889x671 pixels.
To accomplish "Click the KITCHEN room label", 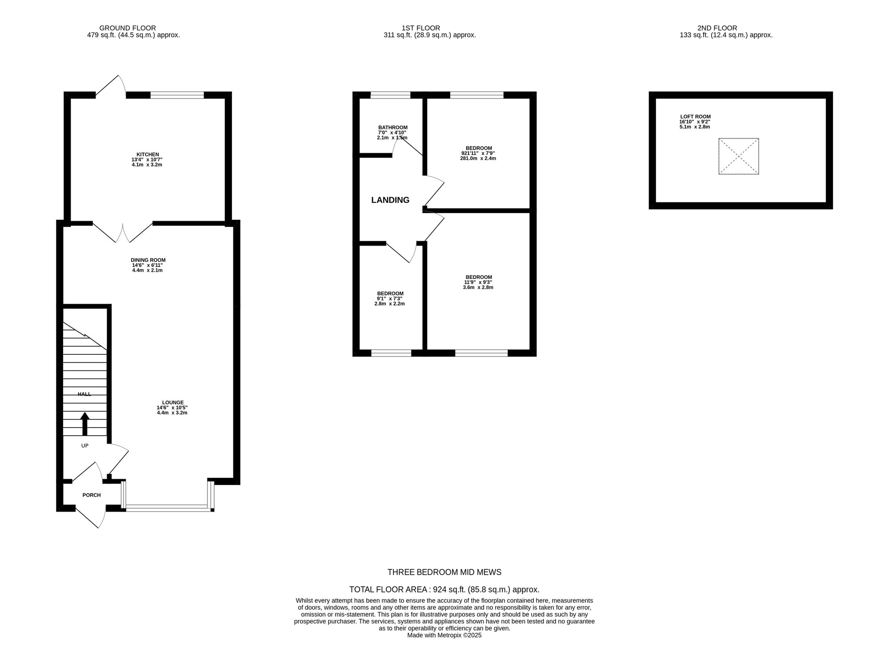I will click(148, 155).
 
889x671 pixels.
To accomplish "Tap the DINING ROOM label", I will click(148, 260).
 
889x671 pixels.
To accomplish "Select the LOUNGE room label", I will click(172, 403).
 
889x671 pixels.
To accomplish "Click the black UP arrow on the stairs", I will click(84, 424).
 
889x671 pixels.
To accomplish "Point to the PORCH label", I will click(92, 495).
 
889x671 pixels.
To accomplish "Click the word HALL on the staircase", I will click(84, 394).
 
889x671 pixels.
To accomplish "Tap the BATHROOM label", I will click(392, 127).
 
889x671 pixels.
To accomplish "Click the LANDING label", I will click(390, 200).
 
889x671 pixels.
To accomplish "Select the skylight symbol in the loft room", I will click(738, 156).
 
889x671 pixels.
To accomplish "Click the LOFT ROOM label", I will click(695, 117).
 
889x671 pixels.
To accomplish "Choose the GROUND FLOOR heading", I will click(128, 28).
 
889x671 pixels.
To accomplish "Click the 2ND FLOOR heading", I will click(726, 28).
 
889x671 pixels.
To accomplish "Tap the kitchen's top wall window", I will click(177, 95).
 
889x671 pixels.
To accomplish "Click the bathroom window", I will click(390, 95).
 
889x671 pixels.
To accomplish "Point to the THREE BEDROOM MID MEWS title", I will click(444, 572).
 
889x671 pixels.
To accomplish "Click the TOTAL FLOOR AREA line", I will click(444, 590).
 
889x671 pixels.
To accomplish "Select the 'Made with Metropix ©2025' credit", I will click(444, 635).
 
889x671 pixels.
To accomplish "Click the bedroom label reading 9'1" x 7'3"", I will click(390, 294).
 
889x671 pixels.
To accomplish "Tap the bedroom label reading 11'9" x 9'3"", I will click(479, 277).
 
